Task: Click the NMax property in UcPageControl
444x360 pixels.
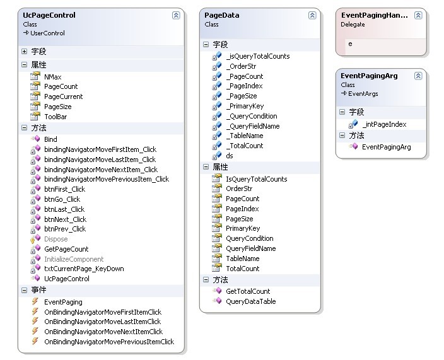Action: pyautogui.click(x=52, y=76)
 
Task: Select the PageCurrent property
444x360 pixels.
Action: pyautogui.click(x=63, y=96)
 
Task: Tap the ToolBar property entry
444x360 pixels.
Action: pyautogui.click(x=55, y=117)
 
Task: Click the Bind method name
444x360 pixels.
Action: pyautogui.click(x=50, y=139)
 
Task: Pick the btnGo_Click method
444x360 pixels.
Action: pyautogui.click(x=62, y=199)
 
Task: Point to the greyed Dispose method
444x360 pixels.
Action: pyautogui.click(x=56, y=239)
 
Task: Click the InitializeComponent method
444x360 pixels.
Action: pyautogui.click(x=73, y=259)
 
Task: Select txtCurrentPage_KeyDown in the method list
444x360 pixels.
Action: pyautogui.click(x=83, y=269)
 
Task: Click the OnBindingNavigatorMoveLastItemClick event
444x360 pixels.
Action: pyautogui.click(x=102, y=322)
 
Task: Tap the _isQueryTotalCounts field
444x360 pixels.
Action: pyautogui.click(x=257, y=56)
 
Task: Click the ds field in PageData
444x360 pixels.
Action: pyautogui.click(x=230, y=156)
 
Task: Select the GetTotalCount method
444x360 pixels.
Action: pyautogui.click(x=247, y=291)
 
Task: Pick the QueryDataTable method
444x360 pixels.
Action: pyautogui.click(x=250, y=301)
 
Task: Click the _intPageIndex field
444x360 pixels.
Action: pyautogui.click(x=384, y=124)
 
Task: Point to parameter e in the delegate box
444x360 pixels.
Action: pyautogui.click(x=351, y=44)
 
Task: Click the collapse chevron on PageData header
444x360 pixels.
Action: pyautogui.click(x=312, y=15)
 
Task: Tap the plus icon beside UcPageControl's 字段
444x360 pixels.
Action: pyautogui.click(x=25, y=52)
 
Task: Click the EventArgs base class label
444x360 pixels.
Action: pyautogui.click(x=363, y=93)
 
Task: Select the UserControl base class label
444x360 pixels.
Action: pyautogui.click(x=47, y=33)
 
